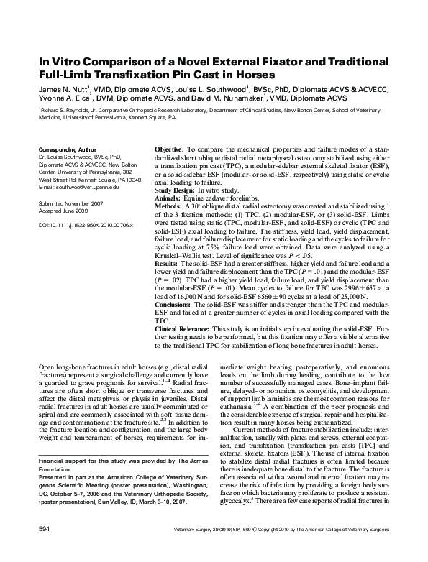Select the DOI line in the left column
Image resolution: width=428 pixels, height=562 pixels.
coord(80,225)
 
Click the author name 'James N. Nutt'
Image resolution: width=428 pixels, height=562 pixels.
coord(61,91)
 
